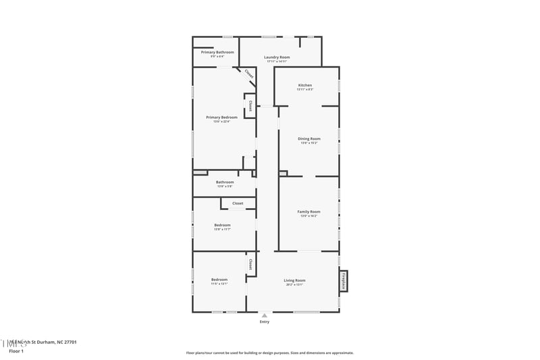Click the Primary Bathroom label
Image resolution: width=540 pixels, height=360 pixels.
pyautogui.click(x=217, y=52)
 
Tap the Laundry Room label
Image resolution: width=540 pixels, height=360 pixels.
pyautogui.click(x=277, y=57)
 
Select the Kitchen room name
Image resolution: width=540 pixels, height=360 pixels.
pyautogui.click(x=305, y=85)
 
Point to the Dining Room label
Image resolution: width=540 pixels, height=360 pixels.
pyautogui.click(x=309, y=138)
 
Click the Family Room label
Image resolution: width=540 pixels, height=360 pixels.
pyautogui.click(x=309, y=211)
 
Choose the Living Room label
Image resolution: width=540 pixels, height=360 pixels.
pyautogui.click(x=294, y=280)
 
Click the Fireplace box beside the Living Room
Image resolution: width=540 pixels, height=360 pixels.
pyautogui.click(x=344, y=280)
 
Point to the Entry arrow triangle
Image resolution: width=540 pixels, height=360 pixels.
pyautogui.click(x=265, y=315)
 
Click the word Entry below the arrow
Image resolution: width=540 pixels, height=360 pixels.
pyautogui.click(x=265, y=322)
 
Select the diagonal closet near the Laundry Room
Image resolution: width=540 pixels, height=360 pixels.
pyautogui.click(x=248, y=74)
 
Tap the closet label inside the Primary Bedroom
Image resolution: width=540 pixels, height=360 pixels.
pyautogui.click(x=250, y=106)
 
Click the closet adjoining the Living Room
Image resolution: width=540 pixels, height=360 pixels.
pyautogui.click(x=250, y=263)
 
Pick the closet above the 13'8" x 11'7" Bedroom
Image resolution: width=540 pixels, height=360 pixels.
pyautogui.click(x=238, y=203)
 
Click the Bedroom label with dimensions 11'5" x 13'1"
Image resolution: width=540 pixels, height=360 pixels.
pyautogui.click(x=219, y=280)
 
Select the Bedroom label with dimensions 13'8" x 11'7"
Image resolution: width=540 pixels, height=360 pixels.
pyautogui.click(x=222, y=225)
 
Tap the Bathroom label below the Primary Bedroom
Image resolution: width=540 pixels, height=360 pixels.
pyautogui.click(x=225, y=182)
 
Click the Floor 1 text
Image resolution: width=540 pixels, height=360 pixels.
pyautogui.click(x=16, y=351)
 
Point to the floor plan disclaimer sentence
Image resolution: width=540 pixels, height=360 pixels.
pyautogui.click(x=269, y=353)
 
